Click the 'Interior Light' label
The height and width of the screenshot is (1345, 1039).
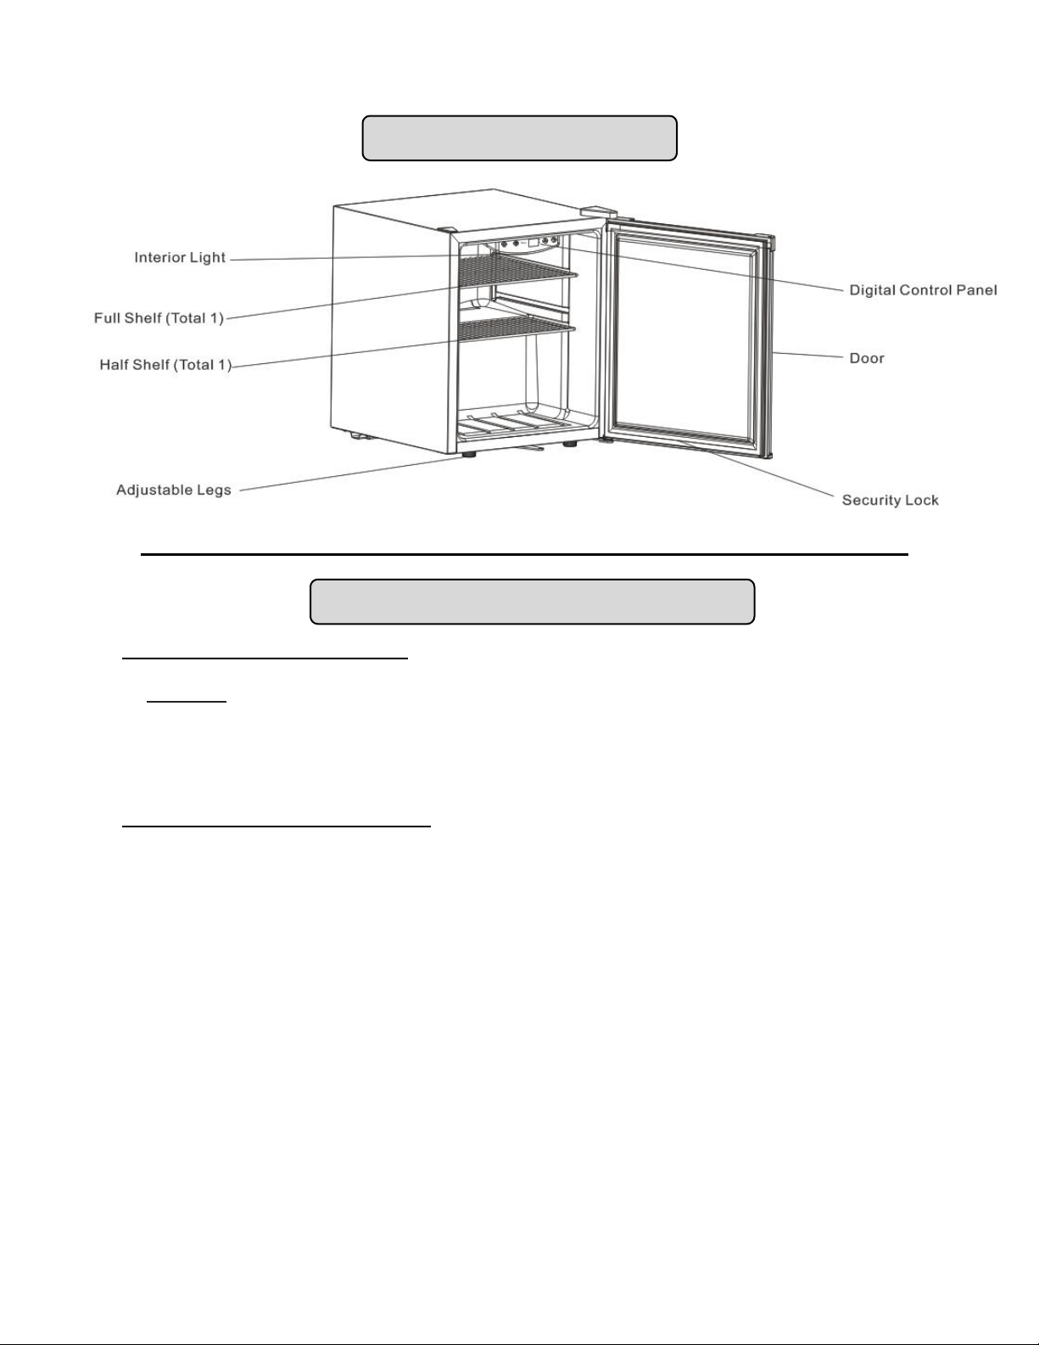(x=180, y=257)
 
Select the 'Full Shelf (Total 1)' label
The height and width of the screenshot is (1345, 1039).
(x=159, y=318)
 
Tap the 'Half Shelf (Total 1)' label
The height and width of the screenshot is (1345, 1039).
(x=165, y=366)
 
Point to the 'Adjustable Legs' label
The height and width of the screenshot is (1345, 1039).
(x=174, y=490)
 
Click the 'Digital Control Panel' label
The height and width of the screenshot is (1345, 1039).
(x=923, y=290)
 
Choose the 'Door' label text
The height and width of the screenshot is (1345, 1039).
(x=867, y=358)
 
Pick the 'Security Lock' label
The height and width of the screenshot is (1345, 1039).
(x=890, y=500)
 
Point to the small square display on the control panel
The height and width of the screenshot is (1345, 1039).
(x=533, y=244)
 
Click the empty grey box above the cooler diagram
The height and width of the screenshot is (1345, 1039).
(x=519, y=138)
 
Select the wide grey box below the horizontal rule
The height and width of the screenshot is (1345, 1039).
(x=532, y=602)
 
